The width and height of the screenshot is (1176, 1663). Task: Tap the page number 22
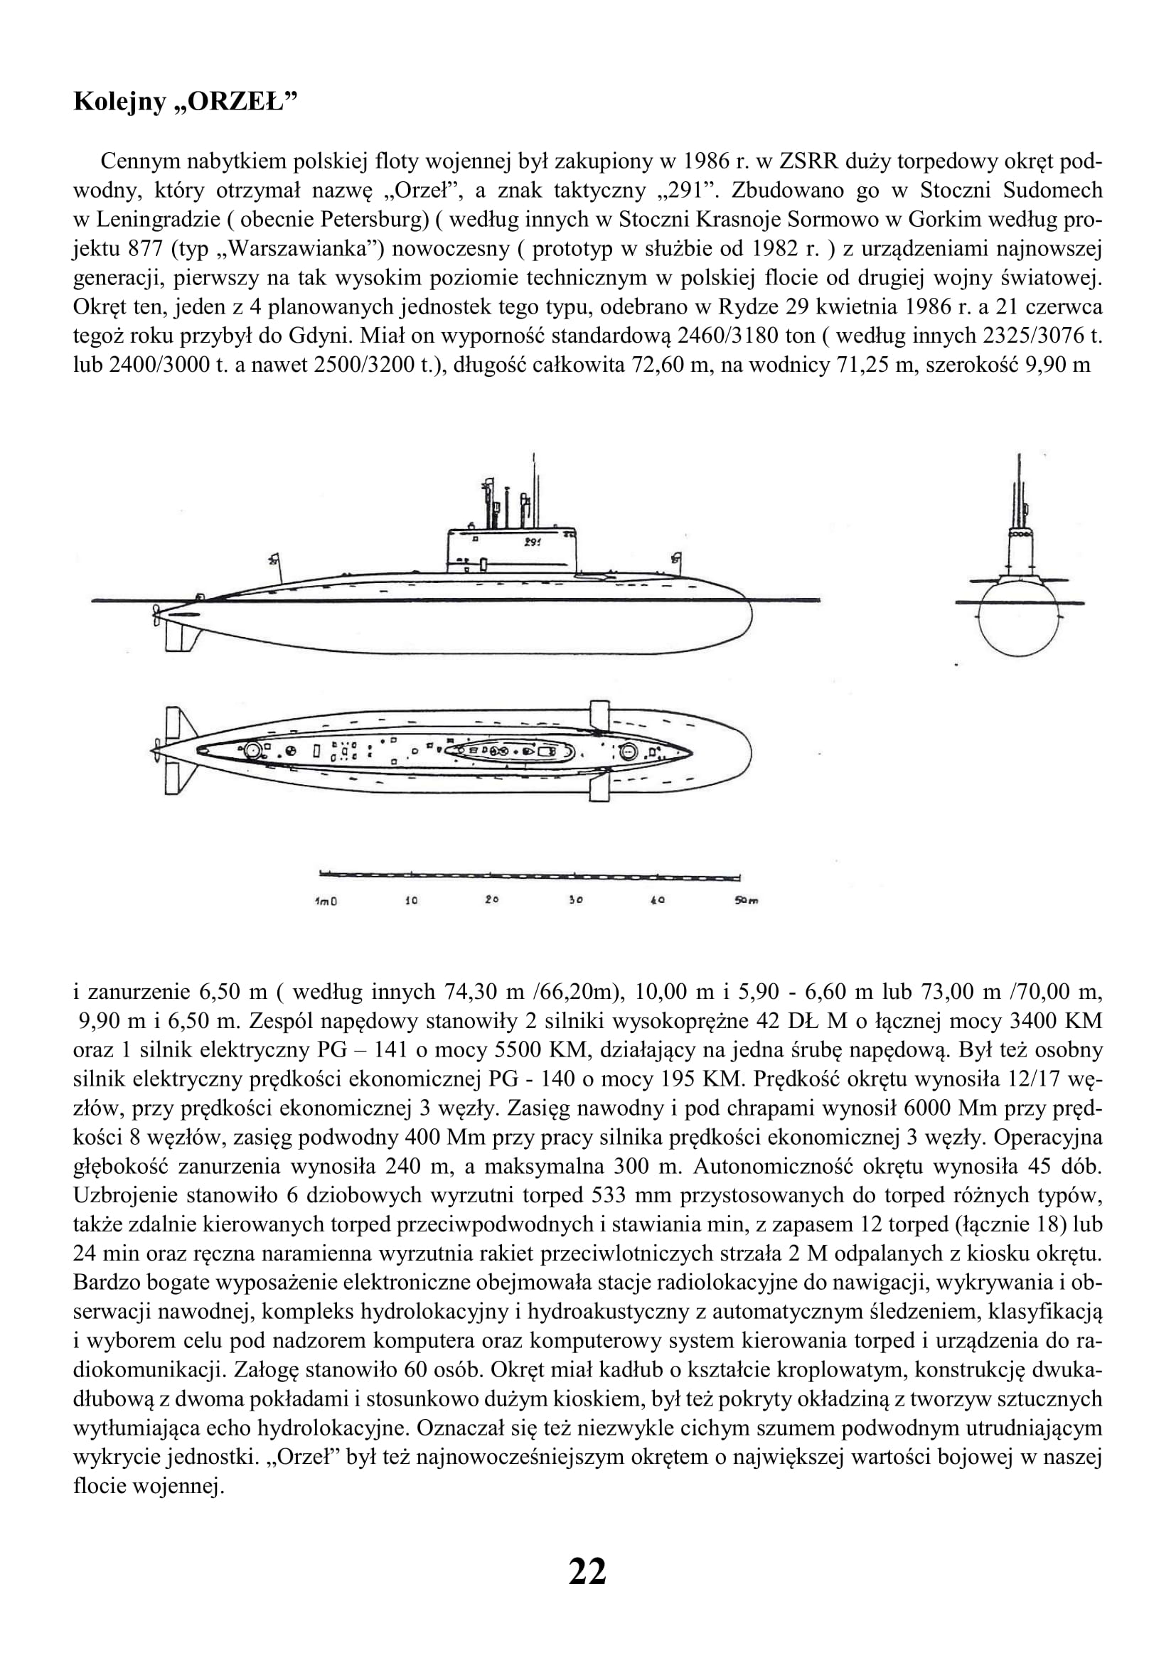click(587, 1567)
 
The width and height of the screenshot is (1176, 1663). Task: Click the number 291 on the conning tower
click(533, 542)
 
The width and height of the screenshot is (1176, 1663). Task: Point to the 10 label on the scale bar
click(410, 901)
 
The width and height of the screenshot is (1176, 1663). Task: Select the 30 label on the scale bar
click(576, 901)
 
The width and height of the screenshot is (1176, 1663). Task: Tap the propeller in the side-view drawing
click(157, 615)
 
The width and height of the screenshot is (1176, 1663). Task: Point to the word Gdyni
click(393, 337)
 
